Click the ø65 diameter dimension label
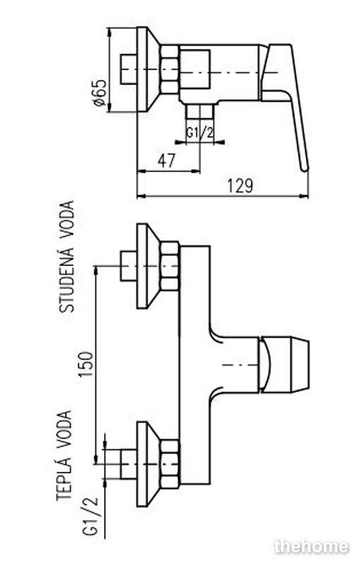[x=100, y=93]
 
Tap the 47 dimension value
[x=166, y=161]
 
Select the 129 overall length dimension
[x=240, y=186]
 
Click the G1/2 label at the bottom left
[x=91, y=516]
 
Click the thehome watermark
[x=311, y=546]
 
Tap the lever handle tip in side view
[x=305, y=167]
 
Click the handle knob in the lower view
[x=284, y=364]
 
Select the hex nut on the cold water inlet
[x=170, y=266]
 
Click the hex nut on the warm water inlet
[x=170, y=463]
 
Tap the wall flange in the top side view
[x=149, y=69]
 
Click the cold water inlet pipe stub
[x=129, y=266]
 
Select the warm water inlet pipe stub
[x=129, y=463]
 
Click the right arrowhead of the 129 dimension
[x=304, y=196]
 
